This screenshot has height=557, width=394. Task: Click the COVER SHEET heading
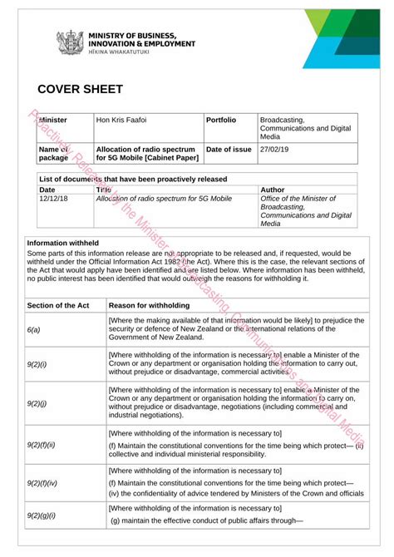(80, 89)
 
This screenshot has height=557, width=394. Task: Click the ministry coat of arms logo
(68, 42)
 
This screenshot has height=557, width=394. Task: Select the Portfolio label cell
(220, 121)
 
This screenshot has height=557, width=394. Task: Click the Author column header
(272, 190)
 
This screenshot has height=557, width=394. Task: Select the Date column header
(47, 190)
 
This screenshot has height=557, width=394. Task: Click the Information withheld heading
(65, 244)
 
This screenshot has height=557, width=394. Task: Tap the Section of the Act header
(58, 305)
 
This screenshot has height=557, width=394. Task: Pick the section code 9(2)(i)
(37, 364)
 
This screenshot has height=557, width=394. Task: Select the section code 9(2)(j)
(37, 404)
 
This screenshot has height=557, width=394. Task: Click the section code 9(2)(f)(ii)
(40, 445)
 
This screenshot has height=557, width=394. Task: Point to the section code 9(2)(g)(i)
(41, 515)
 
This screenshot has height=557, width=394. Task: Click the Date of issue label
(228, 149)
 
